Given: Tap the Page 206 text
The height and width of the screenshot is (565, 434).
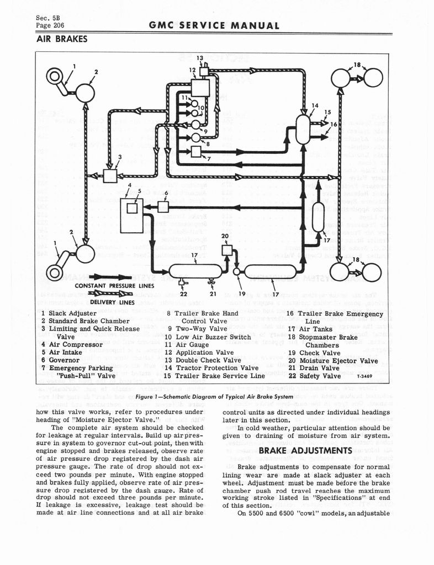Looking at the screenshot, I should pyautogui.click(x=48, y=25).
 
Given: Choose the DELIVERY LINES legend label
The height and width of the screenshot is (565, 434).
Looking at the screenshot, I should pyautogui.click(x=112, y=302).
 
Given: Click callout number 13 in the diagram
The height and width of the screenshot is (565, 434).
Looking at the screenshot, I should pyautogui.click(x=200, y=58).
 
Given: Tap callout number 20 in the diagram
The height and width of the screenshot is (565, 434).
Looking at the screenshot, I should pyautogui.click(x=225, y=236).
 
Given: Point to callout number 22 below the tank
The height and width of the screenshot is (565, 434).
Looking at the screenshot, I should pyautogui.click(x=184, y=293).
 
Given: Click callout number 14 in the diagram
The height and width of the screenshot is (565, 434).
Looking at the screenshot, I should pyautogui.click(x=314, y=105).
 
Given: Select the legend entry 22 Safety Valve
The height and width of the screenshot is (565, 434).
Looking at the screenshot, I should pyautogui.click(x=321, y=376).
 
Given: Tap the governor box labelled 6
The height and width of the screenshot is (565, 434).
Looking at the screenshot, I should pyautogui.click(x=163, y=206).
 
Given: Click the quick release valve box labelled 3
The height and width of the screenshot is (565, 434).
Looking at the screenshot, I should pyautogui.click(x=110, y=175).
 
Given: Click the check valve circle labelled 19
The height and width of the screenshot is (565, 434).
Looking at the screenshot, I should pyautogui.click(x=237, y=271).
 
